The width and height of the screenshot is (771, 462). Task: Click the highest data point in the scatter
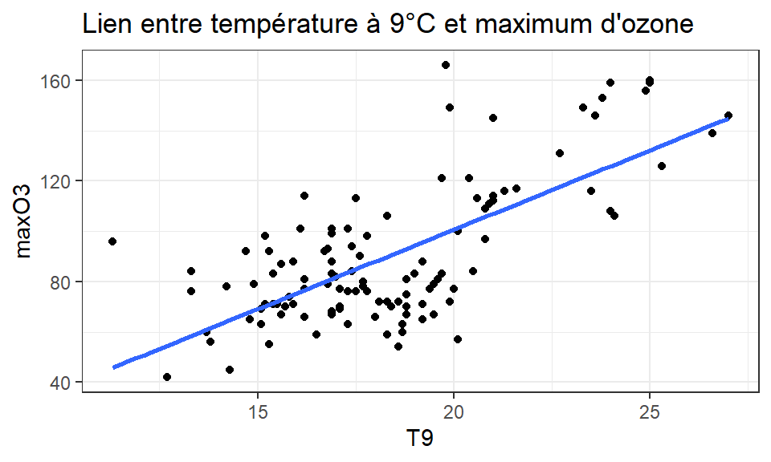(446, 65)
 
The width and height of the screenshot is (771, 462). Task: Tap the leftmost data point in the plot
(112, 241)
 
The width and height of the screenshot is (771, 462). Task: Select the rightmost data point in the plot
(728, 115)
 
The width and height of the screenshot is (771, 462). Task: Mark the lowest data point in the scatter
(167, 377)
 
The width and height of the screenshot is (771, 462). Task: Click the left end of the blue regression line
(115, 367)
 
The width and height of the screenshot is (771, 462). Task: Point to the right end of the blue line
(728, 119)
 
